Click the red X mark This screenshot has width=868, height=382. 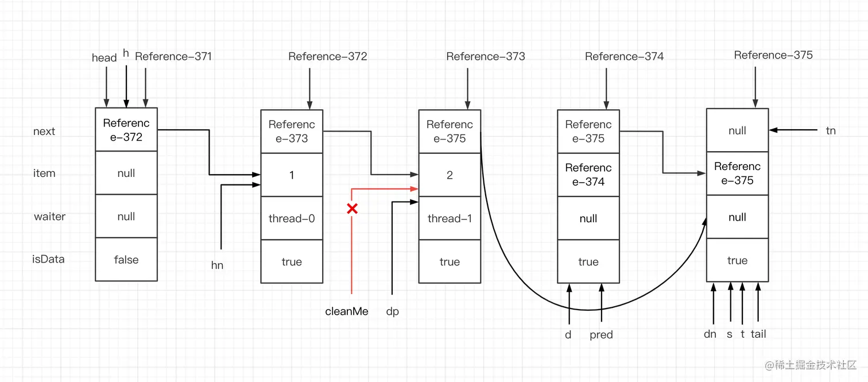(x=352, y=209)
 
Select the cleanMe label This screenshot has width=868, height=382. (x=347, y=311)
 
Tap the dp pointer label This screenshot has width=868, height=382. (x=392, y=311)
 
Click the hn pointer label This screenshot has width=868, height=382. (x=217, y=265)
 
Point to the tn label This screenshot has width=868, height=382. (x=831, y=131)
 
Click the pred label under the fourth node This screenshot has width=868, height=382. (x=601, y=335)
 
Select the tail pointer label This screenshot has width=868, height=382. (x=758, y=334)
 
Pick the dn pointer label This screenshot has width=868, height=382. (x=710, y=334)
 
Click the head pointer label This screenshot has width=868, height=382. (x=104, y=57)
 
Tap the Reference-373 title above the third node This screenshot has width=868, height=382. (x=485, y=56)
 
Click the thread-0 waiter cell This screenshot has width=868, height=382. (x=292, y=218)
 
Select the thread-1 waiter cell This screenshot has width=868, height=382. (x=449, y=218)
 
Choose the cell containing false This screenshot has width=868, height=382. (x=126, y=260)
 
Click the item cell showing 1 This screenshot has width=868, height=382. (x=292, y=175)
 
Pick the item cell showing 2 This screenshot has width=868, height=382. (x=449, y=175)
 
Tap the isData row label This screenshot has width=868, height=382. (x=48, y=259)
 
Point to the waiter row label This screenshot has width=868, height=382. (x=49, y=217)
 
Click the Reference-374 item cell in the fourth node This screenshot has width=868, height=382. (x=588, y=175)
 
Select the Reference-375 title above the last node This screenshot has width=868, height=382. (x=773, y=55)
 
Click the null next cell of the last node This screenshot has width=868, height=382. (x=737, y=131)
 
